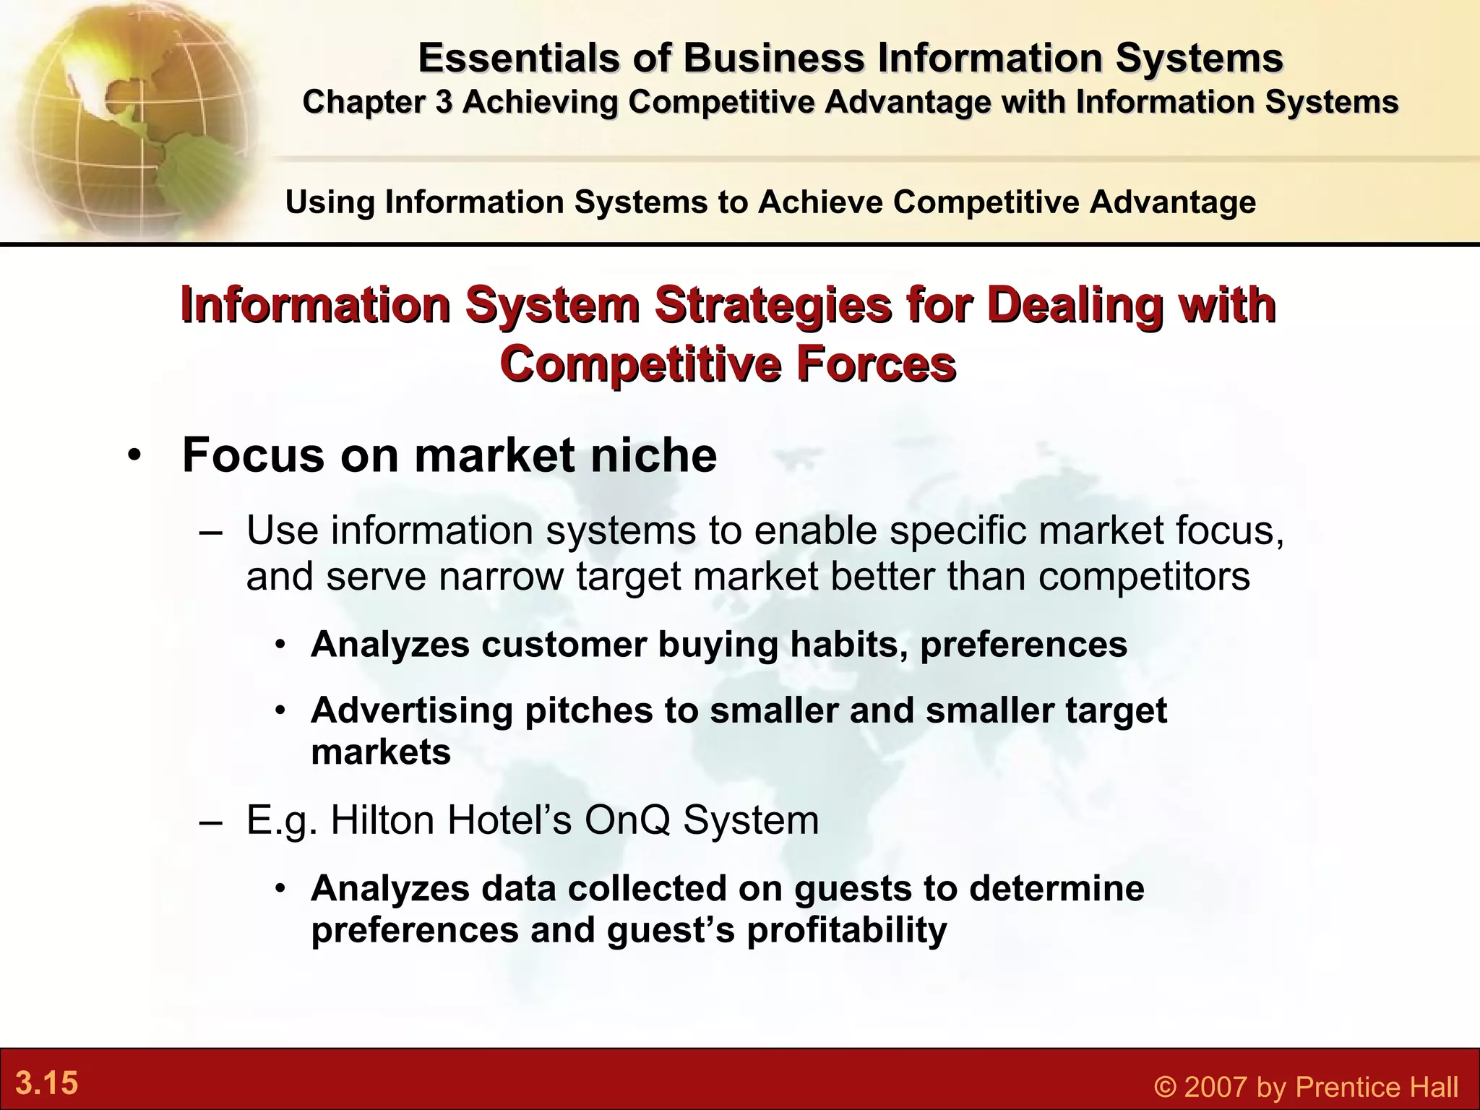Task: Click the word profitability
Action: point(846,930)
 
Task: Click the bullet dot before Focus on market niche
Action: point(134,457)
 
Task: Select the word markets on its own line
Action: point(381,752)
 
